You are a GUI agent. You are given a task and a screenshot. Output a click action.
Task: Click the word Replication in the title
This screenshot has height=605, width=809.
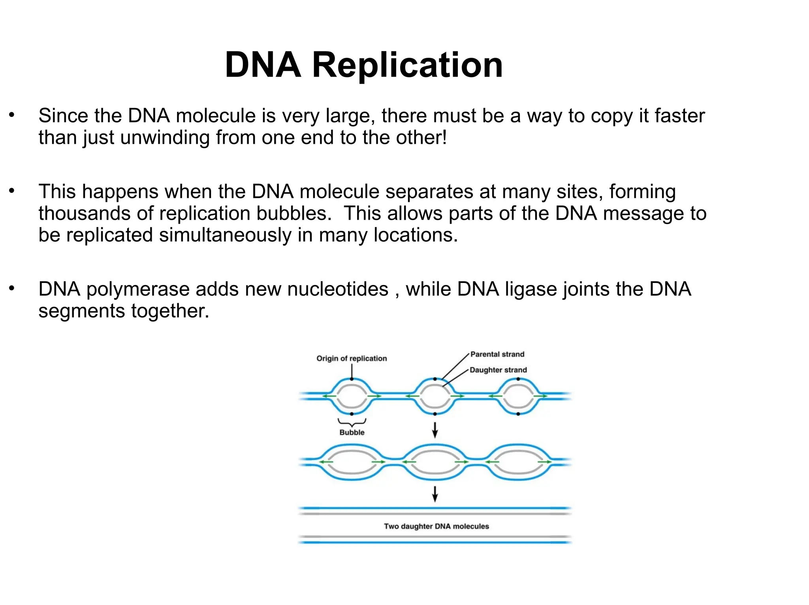407,65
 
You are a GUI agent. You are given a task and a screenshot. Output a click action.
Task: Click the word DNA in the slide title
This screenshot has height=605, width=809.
263,65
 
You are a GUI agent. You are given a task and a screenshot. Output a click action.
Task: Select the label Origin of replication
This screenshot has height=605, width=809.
351,358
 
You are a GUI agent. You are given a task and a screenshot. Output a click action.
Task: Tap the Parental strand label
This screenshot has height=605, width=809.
497,354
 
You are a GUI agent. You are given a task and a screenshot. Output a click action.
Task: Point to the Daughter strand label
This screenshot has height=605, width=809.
498,370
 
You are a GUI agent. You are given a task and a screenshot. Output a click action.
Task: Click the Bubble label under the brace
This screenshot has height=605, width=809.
352,432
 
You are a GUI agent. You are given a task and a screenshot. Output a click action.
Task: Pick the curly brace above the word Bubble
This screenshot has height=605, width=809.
352,422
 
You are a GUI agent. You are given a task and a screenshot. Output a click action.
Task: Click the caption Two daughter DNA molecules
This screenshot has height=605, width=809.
436,526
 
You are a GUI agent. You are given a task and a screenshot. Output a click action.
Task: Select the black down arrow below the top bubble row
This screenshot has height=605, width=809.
435,430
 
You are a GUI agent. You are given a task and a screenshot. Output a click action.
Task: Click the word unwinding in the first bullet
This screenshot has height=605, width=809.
165,138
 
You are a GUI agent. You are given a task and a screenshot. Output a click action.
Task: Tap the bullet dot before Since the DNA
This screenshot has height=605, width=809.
12,115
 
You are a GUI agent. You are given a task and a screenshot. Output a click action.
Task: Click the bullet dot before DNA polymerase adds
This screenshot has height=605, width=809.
12,288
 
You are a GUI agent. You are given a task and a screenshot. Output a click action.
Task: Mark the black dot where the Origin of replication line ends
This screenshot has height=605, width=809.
352,379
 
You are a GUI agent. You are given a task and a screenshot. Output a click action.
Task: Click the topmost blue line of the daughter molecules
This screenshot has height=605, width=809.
435,508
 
